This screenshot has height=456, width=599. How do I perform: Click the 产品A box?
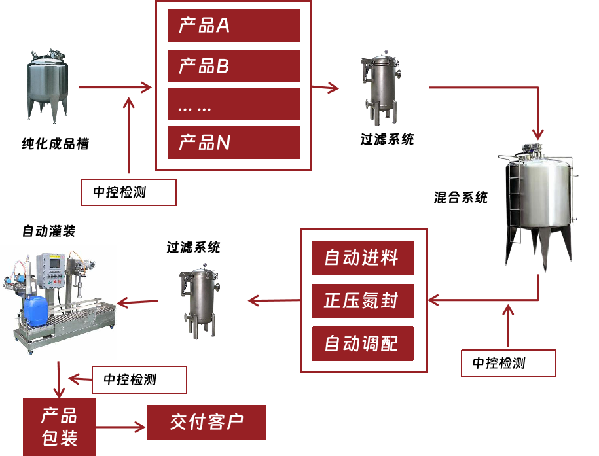(x=234, y=26)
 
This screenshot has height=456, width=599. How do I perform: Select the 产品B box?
(x=234, y=66)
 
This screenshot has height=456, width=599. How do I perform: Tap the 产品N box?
(x=234, y=143)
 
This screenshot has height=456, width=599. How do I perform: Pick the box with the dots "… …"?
(x=234, y=105)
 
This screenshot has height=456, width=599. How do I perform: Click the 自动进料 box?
(x=362, y=258)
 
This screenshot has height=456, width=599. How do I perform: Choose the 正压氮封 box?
(x=362, y=301)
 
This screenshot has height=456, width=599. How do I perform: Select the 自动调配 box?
(x=362, y=343)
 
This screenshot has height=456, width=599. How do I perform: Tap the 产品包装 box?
(x=60, y=427)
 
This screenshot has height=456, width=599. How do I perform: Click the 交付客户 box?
(x=207, y=422)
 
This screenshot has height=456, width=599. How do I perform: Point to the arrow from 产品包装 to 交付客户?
(x=122, y=427)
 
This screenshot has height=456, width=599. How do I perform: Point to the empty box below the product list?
(x=129, y=192)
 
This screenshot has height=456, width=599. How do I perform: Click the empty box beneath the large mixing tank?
(x=509, y=363)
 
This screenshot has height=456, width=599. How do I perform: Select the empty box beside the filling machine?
(x=139, y=379)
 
